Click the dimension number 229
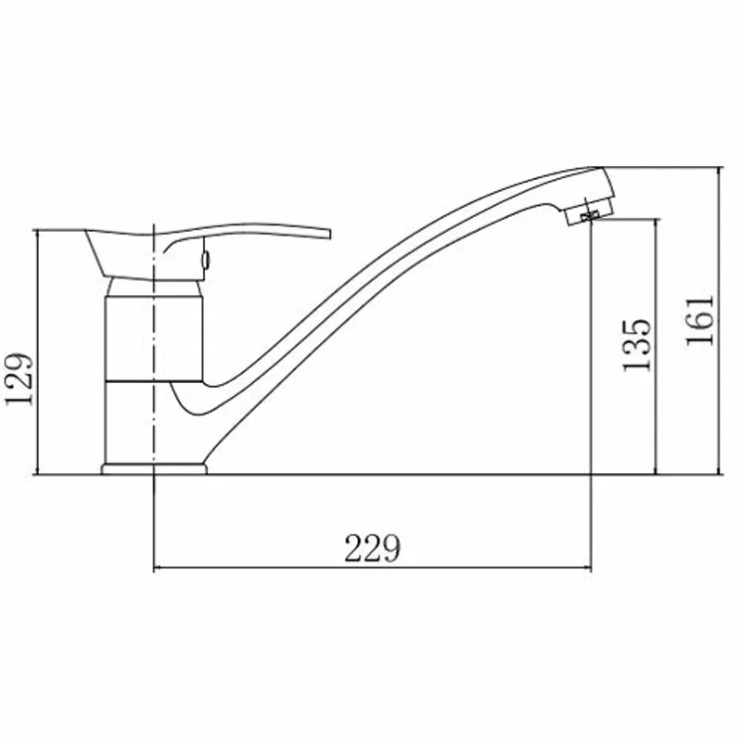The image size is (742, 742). coord(373,548)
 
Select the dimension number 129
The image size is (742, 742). coord(19,379)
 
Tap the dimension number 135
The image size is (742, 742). coord(637,345)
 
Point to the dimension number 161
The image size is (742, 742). coord(699,321)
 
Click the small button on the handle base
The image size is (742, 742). coord(206,259)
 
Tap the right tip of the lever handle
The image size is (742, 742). coord(329,235)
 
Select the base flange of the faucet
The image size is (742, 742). coord(154,469)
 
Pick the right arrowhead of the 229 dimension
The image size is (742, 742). coord(586,567)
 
